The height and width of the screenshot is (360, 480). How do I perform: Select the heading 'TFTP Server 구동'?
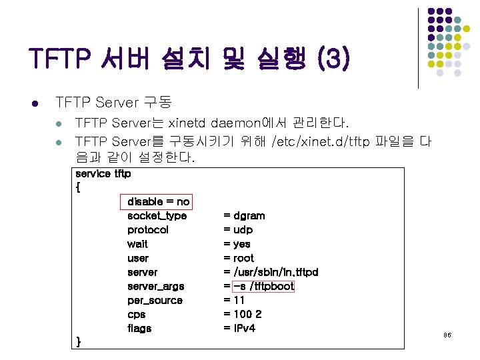coord(114,103)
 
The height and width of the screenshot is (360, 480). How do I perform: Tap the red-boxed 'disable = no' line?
coord(159,201)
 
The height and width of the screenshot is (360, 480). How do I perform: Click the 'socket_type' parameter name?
coord(157,215)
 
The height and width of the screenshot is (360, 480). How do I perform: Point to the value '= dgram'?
coord(244,215)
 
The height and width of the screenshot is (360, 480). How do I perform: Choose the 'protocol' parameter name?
coord(148,229)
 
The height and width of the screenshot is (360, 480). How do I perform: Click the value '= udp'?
coord(238,229)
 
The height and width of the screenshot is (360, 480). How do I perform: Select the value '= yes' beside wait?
coord(237,244)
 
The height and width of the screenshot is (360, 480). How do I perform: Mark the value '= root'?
coord(239,258)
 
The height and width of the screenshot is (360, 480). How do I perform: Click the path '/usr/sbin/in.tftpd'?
coord(275,272)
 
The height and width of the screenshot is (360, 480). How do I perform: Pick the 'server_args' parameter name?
coord(155,286)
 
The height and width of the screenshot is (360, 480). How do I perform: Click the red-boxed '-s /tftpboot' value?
coord(263,286)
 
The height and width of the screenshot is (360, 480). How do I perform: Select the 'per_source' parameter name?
coord(155,300)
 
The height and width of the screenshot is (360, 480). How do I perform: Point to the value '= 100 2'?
coord(243,314)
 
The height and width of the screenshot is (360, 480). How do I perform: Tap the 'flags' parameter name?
coord(139,328)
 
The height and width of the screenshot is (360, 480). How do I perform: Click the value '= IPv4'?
coord(239,328)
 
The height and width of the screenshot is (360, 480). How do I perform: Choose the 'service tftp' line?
coord(103,173)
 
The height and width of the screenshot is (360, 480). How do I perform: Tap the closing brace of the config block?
coord(79,341)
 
